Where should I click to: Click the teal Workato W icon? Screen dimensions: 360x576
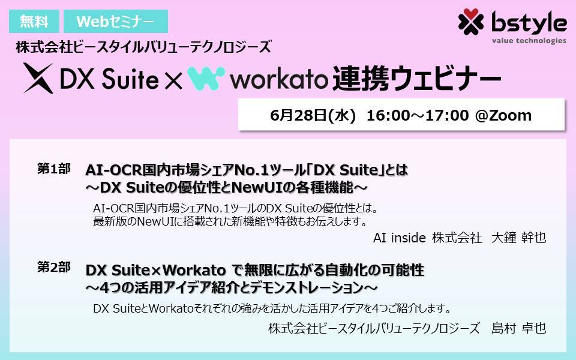pyautogui.click(x=206, y=78)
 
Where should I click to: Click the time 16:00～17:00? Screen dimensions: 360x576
pyautogui.click(x=418, y=115)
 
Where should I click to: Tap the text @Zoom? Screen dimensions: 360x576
pyautogui.click(x=503, y=115)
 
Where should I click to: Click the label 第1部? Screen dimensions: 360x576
pyautogui.click(x=53, y=170)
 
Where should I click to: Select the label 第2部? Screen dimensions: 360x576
pyautogui.click(x=53, y=268)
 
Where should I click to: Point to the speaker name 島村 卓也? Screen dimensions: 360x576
pyautogui.click(x=518, y=328)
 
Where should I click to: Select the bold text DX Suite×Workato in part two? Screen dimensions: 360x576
pyautogui.click(x=156, y=271)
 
